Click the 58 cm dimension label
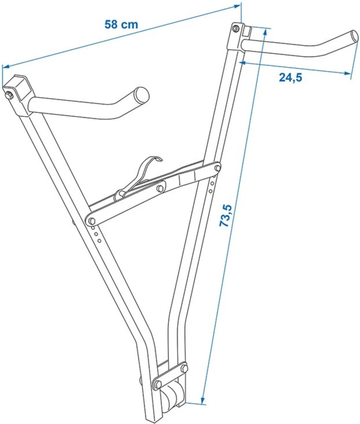(121, 24)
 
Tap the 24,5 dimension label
(290, 77)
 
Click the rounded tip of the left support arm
(142, 95)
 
